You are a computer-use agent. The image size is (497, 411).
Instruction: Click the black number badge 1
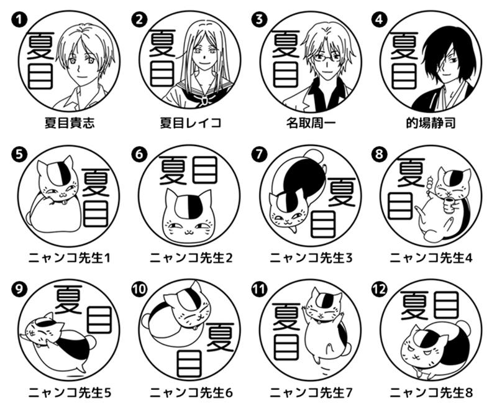coord(19,20)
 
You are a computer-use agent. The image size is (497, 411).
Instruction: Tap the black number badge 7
coord(259,154)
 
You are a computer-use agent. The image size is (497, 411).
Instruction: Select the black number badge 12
coord(379,289)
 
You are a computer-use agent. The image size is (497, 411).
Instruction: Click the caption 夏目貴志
coord(70,122)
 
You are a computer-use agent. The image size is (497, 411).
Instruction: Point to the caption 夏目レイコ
coord(191,122)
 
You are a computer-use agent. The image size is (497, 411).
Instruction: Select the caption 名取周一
coord(310,122)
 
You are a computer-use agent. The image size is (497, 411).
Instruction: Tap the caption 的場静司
coord(431,122)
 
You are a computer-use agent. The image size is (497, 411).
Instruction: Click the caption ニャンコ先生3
coord(311,258)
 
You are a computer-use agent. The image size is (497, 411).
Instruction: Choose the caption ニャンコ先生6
coord(191,393)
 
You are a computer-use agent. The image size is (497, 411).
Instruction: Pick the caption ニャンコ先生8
coord(431,393)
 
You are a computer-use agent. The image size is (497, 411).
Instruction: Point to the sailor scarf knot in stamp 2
coord(204,100)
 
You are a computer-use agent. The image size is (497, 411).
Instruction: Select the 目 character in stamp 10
coord(190,364)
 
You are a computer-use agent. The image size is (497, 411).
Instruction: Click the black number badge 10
coord(139,289)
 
